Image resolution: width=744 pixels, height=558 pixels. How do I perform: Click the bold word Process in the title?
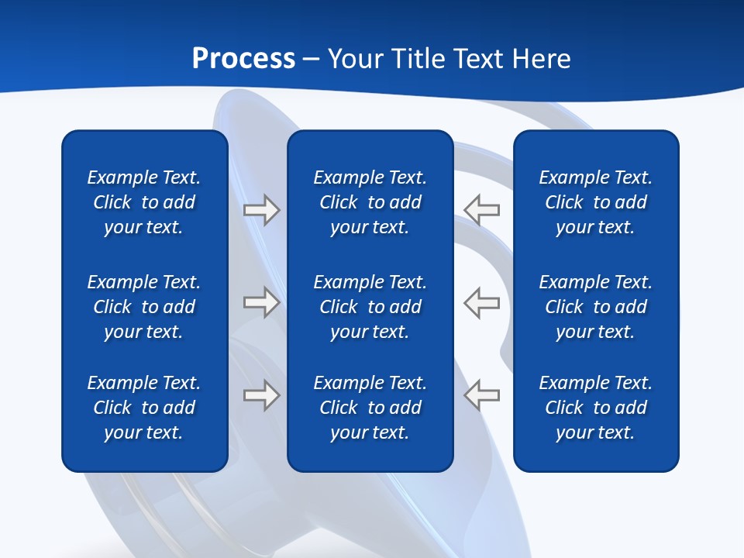(x=243, y=59)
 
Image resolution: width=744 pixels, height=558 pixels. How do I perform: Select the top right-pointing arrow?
(x=261, y=210)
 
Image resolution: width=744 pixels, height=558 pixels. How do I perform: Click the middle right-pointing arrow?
(x=261, y=302)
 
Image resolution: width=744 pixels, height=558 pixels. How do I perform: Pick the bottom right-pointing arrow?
(x=261, y=395)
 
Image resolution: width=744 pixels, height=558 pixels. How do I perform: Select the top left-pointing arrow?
(x=481, y=210)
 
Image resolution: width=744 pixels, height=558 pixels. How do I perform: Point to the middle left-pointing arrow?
(x=481, y=302)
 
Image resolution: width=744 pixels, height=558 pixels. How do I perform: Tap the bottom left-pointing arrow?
(x=481, y=395)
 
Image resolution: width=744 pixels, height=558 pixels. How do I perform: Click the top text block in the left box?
(x=144, y=202)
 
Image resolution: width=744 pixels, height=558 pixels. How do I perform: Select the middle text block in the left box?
(x=144, y=307)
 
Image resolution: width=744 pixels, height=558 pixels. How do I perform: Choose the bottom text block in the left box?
(x=144, y=408)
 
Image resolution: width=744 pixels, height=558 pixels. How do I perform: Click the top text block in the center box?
(x=370, y=202)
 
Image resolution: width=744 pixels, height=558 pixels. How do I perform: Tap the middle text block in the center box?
(x=370, y=307)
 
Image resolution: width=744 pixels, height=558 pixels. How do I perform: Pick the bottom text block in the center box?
(x=370, y=408)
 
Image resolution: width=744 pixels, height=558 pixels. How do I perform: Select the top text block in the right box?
(x=595, y=202)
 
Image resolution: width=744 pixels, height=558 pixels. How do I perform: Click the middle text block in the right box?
(x=595, y=307)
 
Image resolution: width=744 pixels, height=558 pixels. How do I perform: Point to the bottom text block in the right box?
(x=595, y=408)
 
